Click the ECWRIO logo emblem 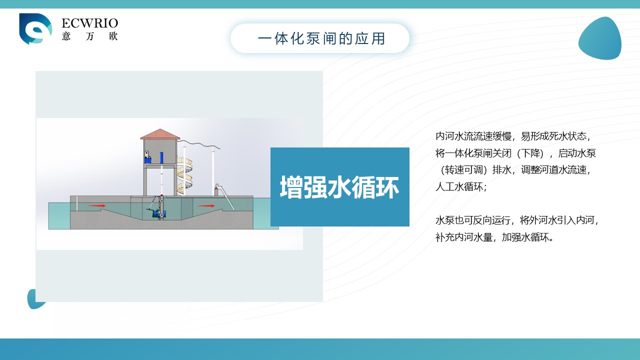(35, 28)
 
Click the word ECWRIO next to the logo (89, 23)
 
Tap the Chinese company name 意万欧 (89, 36)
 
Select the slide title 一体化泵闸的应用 (321, 38)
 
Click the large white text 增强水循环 (339, 187)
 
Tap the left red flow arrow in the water (96, 205)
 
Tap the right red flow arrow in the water (206, 205)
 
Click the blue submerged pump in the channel (157, 213)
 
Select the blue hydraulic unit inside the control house (147, 157)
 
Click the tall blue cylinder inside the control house (161, 157)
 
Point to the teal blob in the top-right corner (600, 38)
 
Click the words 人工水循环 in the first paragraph (459, 187)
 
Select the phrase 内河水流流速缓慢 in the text (473, 136)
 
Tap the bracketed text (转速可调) (463, 170)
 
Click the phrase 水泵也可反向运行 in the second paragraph (473, 220)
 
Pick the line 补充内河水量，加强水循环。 (494, 237)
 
